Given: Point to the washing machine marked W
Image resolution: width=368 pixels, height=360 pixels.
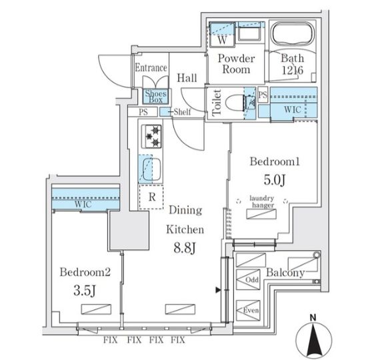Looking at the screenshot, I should coord(222,39).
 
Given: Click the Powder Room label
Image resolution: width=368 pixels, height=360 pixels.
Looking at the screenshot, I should coord(235,63).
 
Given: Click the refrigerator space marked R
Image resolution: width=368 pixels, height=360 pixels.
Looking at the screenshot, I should coord(151,197).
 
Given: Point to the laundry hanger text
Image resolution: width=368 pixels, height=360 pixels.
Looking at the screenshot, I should coord(261,201).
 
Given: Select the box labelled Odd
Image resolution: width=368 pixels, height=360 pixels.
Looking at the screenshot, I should coord(251,279).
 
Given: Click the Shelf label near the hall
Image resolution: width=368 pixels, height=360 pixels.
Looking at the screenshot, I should coord(183,112).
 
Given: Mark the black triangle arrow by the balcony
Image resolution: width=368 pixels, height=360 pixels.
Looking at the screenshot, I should coord(217,290).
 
